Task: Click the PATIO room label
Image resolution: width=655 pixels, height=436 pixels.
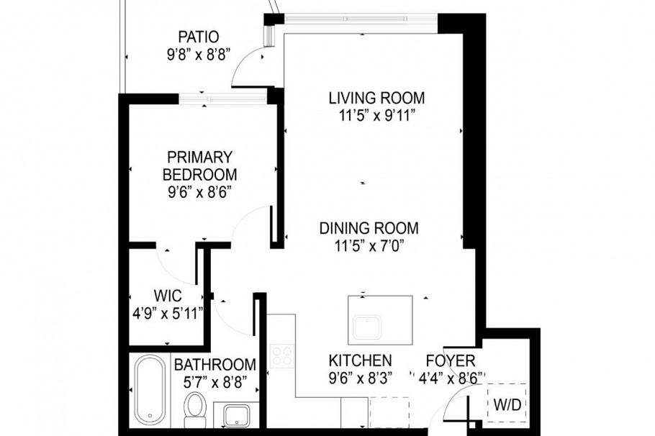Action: coord(198,37)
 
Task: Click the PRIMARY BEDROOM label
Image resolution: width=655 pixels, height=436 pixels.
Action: coord(199,165)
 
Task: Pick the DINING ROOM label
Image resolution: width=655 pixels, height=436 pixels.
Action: coord(369,229)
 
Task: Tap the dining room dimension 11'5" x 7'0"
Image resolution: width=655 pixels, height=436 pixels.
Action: coord(369,246)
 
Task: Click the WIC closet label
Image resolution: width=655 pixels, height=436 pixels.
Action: coord(167,296)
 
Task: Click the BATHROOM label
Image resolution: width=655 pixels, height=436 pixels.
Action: coord(214,365)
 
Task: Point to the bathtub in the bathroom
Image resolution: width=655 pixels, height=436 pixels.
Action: coord(150,389)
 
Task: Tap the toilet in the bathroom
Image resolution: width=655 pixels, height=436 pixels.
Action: coord(194,407)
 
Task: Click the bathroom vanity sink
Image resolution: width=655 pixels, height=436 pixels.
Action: coord(236,416)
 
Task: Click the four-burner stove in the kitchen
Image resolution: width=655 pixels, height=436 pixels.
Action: coord(281,355)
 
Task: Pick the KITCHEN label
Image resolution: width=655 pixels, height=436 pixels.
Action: coord(360,360)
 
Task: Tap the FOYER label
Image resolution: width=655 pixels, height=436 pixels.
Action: coord(450,360)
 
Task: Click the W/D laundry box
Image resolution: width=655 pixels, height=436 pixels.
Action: coord(507,405)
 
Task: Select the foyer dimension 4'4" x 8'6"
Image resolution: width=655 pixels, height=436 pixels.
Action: coord(451,378)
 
